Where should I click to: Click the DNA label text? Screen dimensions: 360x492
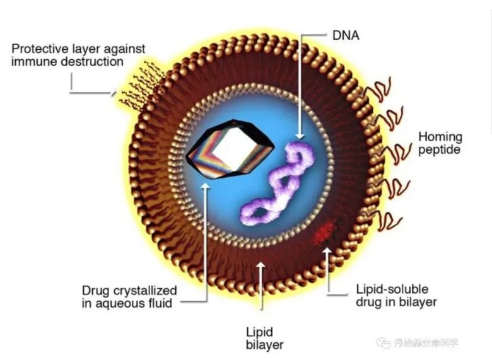tap(346, 35)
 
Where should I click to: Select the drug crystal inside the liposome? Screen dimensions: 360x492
tap(231, 149)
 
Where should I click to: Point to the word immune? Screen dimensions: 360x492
tap(31, 62)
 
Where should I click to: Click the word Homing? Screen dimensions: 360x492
tap(440, 137)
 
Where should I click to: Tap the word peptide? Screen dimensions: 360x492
tap(440, 150)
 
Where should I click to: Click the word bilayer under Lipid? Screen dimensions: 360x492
tap(264, 345)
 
